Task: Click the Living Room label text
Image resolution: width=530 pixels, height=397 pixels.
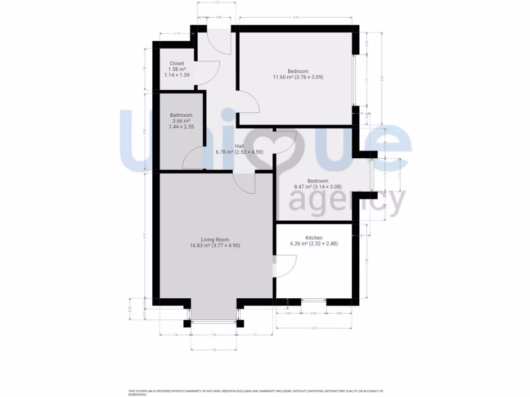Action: click(215, 239)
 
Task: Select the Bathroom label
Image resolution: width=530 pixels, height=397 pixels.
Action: click(181, 115)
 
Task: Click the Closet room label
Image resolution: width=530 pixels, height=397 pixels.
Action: click(176, 64)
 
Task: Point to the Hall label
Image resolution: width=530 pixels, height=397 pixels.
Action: click(240, 146)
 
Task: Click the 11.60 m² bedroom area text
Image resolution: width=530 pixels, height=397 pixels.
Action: click(298, 77)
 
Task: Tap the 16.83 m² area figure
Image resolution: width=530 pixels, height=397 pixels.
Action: click(215, 246)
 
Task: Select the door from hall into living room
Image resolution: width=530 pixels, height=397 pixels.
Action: click(244, 183)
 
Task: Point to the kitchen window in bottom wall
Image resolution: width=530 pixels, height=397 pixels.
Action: click(313, 301)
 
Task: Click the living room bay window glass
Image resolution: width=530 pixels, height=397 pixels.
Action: click(214, 323)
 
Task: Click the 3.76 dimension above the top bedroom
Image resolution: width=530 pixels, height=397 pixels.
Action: click(295, 18)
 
